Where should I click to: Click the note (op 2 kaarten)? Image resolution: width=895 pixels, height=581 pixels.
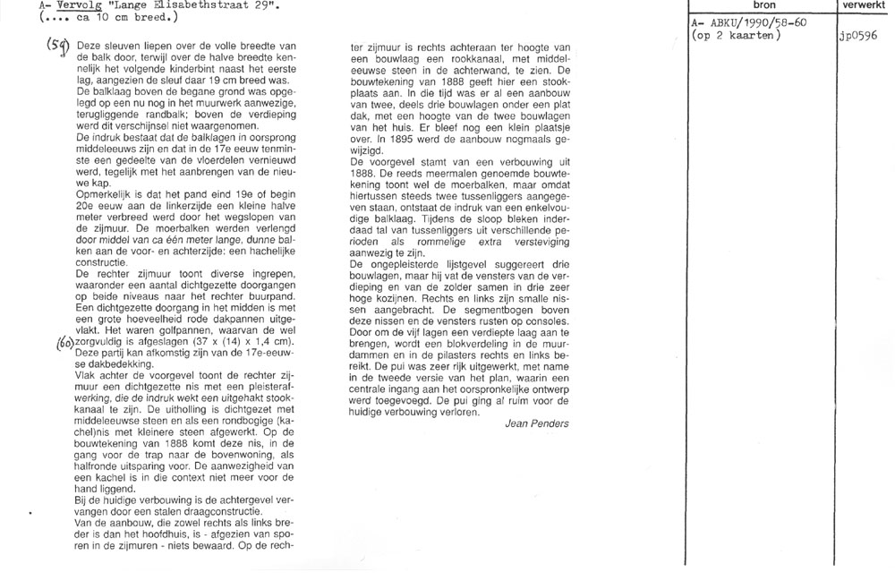pos(737,36)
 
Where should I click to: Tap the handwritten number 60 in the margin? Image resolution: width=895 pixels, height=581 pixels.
pos(64,342)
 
